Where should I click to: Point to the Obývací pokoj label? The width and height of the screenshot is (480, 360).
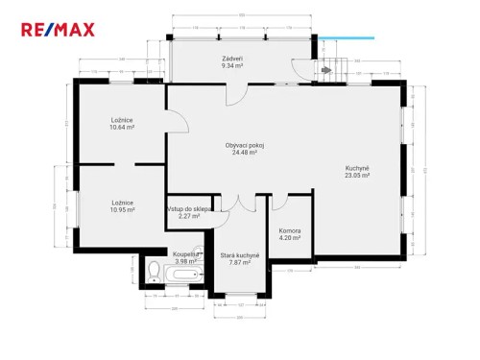245,145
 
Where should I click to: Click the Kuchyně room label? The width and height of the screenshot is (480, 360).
357,169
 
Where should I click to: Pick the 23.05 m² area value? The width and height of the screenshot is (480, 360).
357,177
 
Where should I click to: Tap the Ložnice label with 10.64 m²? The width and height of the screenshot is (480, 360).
121,119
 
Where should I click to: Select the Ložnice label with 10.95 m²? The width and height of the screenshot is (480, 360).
121,202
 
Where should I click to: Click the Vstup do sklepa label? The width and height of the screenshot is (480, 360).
188,208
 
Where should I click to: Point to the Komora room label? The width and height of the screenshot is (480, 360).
289,230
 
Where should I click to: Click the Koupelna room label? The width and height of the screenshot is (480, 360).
185,253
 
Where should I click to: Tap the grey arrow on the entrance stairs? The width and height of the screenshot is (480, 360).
326,70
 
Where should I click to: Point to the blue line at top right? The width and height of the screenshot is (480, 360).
345,39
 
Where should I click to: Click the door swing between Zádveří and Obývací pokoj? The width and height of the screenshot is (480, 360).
235,93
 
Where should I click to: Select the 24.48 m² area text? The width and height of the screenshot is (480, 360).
245,153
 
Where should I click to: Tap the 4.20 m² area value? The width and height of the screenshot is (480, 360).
289,238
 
